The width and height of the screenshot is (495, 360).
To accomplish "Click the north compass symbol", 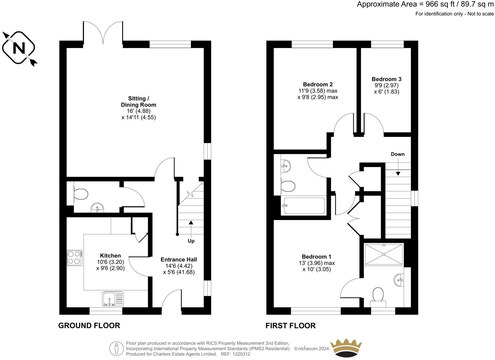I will click(19, 48).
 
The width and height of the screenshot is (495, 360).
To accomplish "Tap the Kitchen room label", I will click(110, 255).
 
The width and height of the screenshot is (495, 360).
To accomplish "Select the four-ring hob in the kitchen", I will click(74, 257).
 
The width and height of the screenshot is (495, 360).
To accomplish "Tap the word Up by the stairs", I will click(191, 241).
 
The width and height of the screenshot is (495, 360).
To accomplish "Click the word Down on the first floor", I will click(397, 154).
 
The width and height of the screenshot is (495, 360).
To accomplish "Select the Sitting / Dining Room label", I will click(138, 102).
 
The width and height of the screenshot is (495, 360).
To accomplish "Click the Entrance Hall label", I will click(179, 259).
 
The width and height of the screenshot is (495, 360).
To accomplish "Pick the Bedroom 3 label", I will click(386, 79).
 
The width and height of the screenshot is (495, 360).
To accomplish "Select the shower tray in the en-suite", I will click(384, 254).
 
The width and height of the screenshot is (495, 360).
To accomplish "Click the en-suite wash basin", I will click(400, 280).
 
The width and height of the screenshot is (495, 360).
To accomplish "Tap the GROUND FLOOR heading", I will click(89, 326).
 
